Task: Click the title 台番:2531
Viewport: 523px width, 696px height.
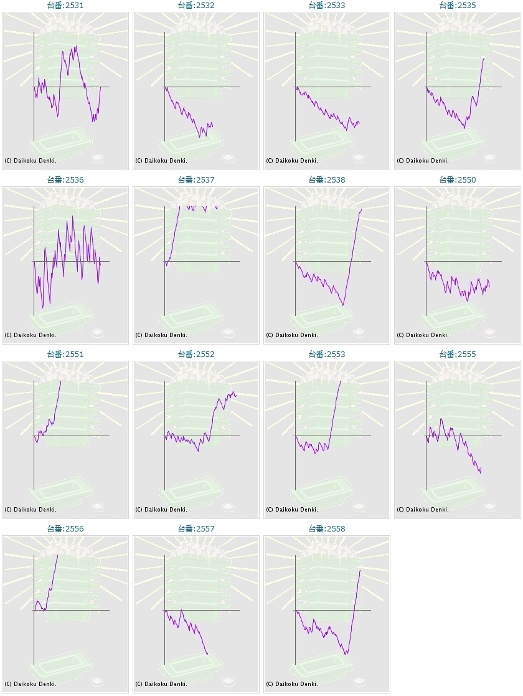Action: pos(65,6)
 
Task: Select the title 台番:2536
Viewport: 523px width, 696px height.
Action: pos(65,180)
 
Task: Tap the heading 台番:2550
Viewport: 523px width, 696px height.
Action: pos(458,180)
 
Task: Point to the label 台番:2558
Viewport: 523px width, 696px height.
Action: pos(326,528)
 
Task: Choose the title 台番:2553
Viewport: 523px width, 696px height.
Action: pos(326,354)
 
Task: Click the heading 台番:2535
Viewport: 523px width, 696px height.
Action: pos(458,6)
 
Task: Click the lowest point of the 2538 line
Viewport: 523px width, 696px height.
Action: pos(343,305)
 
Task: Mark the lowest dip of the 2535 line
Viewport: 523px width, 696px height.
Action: pos(464,128)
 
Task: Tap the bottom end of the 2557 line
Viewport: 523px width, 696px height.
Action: pos(207,654)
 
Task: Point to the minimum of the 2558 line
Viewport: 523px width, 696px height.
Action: pos(346,654)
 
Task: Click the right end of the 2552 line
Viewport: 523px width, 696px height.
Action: pos(237,395)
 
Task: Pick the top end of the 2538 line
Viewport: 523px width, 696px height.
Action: pos(362,209)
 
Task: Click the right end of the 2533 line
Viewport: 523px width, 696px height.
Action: pos(359,123)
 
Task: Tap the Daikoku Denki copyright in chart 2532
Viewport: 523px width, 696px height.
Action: pos(161,161)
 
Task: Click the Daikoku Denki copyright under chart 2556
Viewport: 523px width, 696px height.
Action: pos(31,684)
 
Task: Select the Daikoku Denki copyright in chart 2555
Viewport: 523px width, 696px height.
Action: pos(423,510)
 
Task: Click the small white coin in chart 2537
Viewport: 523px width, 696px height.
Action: pos(229,332)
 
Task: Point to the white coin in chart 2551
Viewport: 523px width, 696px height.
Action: pos(98,507)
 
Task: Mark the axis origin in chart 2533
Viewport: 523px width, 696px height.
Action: pos(296,87)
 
